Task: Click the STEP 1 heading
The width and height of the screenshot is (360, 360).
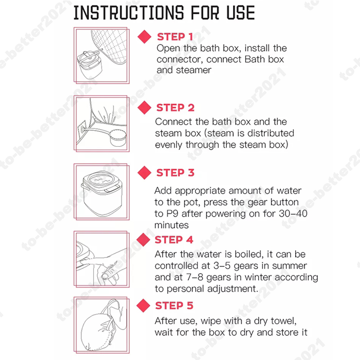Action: pos(175,37)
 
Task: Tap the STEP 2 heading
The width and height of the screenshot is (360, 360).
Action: pos(175,108)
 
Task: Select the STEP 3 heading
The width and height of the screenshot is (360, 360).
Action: pos(175,173)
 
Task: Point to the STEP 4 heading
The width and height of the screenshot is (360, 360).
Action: pos(174,240)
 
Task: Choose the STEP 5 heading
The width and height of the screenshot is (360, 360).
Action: pos(174,306)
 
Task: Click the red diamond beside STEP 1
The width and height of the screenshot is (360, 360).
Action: pos(144,37)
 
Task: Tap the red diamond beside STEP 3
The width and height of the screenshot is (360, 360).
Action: pos(144,173)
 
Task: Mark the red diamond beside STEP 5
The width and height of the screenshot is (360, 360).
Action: pos(143,306)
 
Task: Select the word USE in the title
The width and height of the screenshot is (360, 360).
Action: pos(241,13)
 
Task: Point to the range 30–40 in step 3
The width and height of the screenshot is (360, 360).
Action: pos(293,214)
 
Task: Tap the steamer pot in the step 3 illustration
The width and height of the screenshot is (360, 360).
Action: pos(102,193)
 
